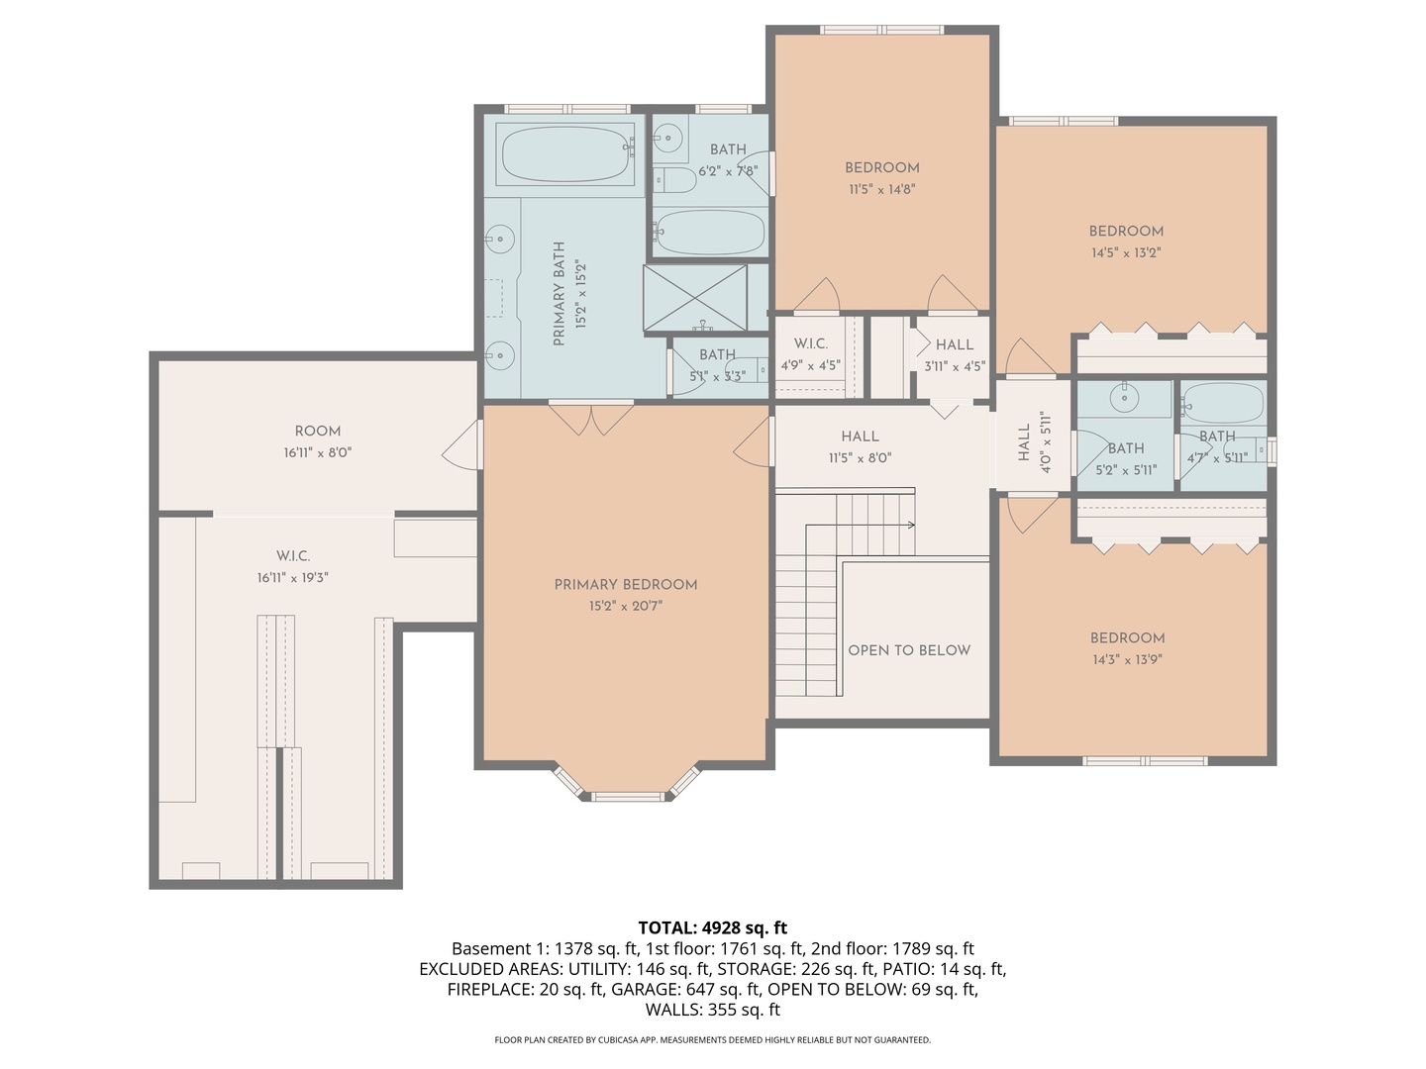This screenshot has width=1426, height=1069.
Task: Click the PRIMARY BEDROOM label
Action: pos(626,584)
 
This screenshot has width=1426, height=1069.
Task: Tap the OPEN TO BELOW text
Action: pos(909,650)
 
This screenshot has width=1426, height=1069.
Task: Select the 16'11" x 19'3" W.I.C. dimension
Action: pos(293,578)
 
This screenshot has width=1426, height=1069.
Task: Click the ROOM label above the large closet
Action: pos(318,432)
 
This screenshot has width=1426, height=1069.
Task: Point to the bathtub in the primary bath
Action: pos(565,153)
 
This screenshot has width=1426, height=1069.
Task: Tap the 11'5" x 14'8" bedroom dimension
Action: pos(882,189)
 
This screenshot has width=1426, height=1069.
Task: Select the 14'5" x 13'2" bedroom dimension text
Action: pos(1126,252)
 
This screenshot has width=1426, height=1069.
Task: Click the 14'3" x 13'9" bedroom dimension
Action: pos(1127,659)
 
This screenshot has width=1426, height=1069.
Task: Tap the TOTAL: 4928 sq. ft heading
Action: pos(712,927)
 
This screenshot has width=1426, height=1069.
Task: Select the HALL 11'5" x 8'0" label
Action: pos(860,446)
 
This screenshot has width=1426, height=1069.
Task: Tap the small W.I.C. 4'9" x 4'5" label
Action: pos(811,354)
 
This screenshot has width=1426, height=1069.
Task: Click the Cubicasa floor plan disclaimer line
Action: pos(712,1040)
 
